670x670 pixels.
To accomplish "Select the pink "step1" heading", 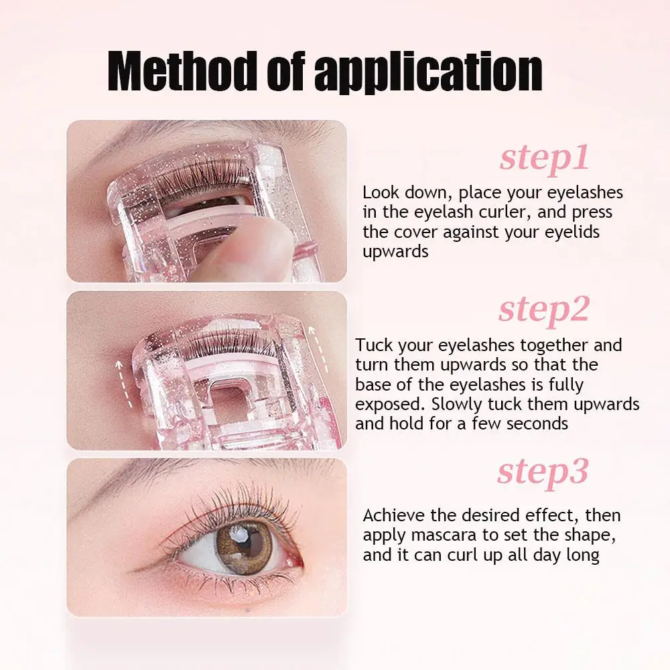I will pos(544,159).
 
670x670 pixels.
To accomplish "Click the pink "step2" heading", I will pos(543,310).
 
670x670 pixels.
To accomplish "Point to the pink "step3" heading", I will pos(543,472).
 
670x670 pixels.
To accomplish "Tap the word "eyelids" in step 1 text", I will pos(567,232).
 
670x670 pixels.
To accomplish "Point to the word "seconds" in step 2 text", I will pos(537,424).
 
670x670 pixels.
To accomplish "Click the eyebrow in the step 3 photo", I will pos(201,472).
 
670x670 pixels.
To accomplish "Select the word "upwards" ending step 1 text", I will pos(395,252).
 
